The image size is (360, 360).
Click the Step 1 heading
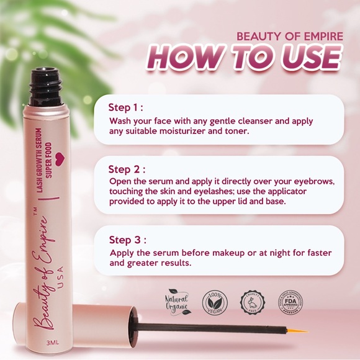tap(127, 107)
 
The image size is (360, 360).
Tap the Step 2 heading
tap(127, 169)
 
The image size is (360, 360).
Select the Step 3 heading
tap(127, 240)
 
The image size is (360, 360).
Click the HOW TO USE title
tap(246, 60)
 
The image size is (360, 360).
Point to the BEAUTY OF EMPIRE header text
tap(290, 36)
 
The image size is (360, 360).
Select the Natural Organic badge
tap(178, 302)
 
